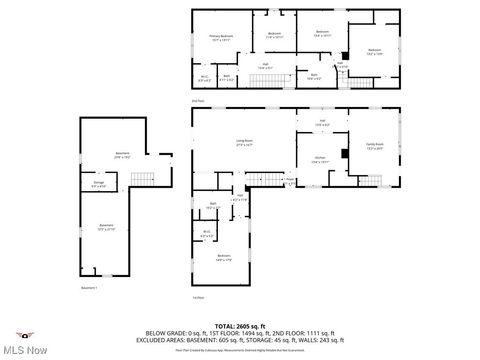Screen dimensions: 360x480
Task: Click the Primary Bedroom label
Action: click(221, 37)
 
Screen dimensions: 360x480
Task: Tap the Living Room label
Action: click(243, 143)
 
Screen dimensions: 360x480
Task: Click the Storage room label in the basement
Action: click(99, 183)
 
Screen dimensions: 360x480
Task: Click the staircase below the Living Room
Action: click(273, 179)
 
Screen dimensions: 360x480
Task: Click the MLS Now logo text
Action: click(24, 349)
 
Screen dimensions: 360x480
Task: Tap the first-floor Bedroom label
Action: click(223, 258)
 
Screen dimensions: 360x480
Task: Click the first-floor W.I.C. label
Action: click(207, 234)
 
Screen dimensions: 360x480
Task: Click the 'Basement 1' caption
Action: click(89, 288)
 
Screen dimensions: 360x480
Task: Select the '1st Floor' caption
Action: click(198, 297)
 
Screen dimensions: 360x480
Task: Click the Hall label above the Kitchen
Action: click(322, 122)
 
